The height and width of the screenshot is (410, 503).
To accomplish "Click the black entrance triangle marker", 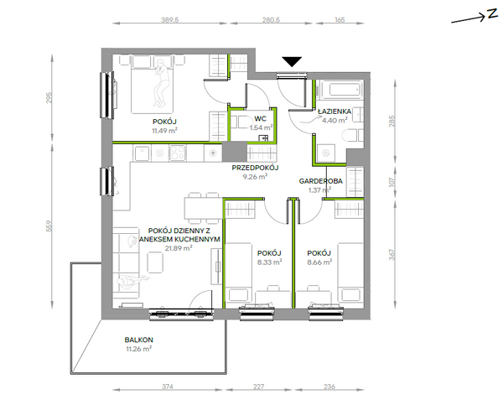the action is [x=292, y=61].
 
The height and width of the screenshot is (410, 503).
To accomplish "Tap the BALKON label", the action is [x=139, y=340].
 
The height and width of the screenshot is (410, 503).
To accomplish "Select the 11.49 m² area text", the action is [x=164, y=131].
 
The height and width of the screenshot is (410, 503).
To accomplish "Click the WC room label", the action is [x=260, y=119].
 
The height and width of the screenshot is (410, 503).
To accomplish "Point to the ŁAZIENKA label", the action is [x=334, y=112].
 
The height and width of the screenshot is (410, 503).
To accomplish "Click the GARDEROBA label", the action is [x=321, y=181].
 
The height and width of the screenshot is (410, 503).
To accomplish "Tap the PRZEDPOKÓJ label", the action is [x=256, y=168].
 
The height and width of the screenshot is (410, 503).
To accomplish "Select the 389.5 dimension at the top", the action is [x=169, y=20].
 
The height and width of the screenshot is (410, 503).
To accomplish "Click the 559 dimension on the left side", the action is [x=49, y=226].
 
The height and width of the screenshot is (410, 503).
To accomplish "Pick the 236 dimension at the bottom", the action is [x=329, y=387].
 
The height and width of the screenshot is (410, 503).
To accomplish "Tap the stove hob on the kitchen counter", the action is [x=178, y=153].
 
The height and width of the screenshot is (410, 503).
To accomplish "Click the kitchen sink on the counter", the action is [x=142, y=153].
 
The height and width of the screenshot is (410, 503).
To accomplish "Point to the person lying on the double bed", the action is [x=161, y=82].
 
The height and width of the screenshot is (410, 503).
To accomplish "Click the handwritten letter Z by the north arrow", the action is [x=492, y=15].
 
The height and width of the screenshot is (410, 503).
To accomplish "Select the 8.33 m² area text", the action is [x=269, y=262].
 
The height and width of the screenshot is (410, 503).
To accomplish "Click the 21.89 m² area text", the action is [x=179, y=248].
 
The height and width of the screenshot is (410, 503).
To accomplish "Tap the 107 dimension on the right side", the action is [x=392, y=182].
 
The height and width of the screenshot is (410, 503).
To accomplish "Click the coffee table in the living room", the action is [x=155, y=262].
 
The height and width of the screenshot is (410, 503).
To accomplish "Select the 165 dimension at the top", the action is [x=340, y=20].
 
